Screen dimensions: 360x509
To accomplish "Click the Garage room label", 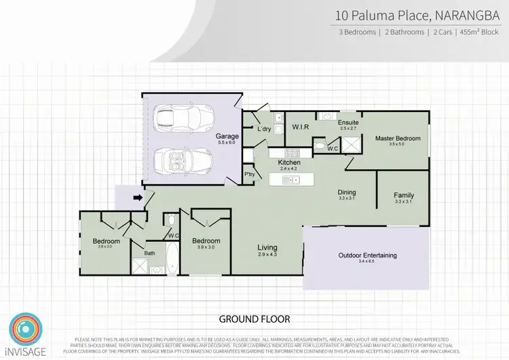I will click(227, 136).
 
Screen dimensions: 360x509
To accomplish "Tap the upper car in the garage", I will click(178, 118).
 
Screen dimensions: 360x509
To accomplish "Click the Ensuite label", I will click(348, 122).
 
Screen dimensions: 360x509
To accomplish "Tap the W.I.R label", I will click(301, 126).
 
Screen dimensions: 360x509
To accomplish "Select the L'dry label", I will click(264, 128).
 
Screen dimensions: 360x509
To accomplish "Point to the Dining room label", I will click(347, 192).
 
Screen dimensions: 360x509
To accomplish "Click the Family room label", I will click(404, 196).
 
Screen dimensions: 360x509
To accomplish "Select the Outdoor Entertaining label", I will click(367, 255).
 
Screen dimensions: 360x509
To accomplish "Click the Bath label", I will click(149, 253).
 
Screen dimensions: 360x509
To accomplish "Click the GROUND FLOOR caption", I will click(254, 319).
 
